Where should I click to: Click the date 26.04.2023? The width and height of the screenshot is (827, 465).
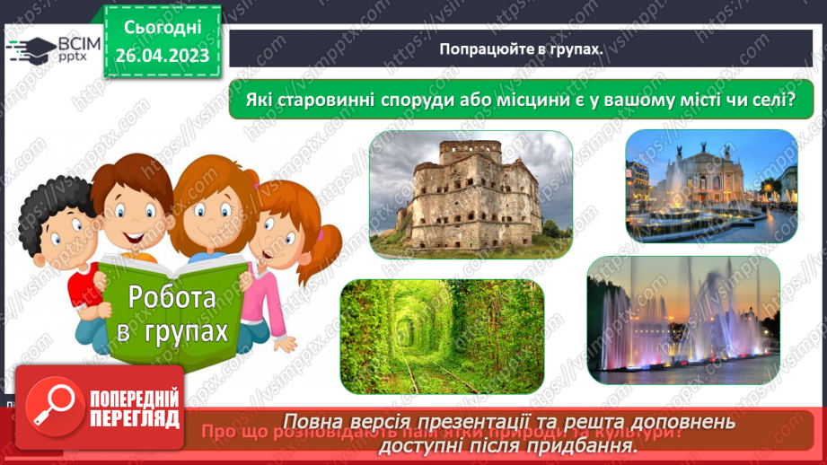click(x=163, y=55)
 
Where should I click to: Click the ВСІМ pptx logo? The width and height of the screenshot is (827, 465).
click(x=52, y=49)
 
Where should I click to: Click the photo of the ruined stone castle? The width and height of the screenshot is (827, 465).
click(x=471, y=194)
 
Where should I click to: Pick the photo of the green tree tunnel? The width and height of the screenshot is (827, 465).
click(x=442, y=335)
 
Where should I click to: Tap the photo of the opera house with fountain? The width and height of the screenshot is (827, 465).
click(x=710, y=185)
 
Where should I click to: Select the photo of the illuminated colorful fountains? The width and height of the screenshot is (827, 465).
click(x=682, y=320)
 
